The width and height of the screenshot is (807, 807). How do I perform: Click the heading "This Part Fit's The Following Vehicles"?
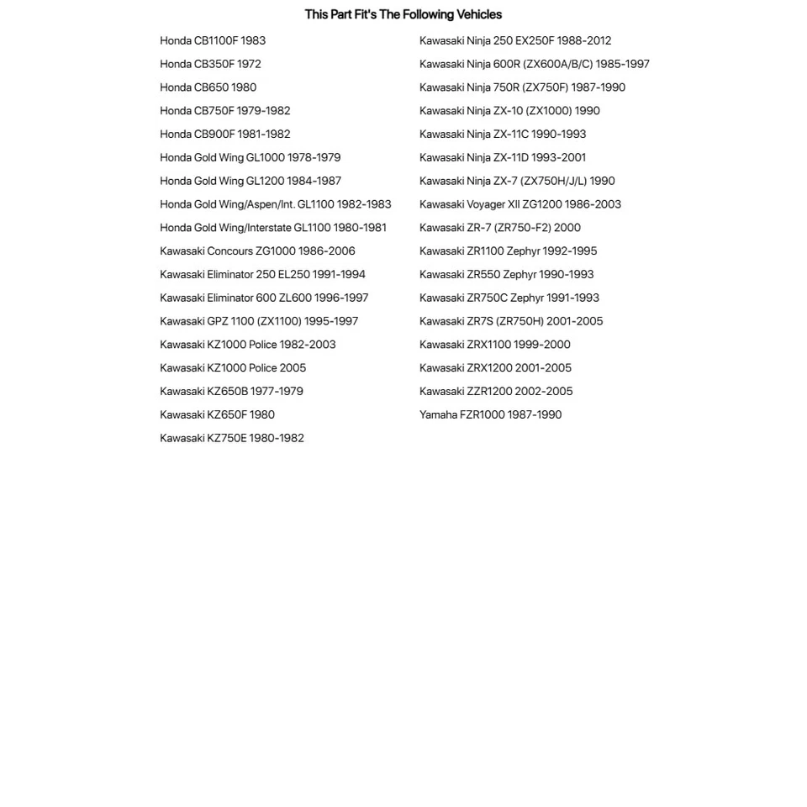[x=403, y=14]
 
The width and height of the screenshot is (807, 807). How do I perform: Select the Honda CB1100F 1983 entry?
[x=213, y=40]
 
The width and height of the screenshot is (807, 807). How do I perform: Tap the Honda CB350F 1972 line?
[x=210, y=64]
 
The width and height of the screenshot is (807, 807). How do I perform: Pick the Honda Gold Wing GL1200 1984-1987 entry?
[x=251, y=181]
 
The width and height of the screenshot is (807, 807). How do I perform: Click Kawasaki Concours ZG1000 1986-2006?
[x=257, y=251]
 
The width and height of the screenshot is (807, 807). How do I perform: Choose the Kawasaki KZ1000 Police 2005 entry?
[x=233, y=367]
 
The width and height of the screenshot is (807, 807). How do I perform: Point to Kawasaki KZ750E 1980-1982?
[x=232, y=438]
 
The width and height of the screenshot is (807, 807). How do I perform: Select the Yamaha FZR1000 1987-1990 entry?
[x=490, y=414]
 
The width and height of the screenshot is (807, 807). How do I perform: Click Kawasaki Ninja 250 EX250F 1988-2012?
[x=515, y=40]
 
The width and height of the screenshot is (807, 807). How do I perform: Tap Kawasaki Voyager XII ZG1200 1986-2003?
[x=520, y=204]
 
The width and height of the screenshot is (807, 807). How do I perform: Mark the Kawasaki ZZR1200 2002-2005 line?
[x=496, y=391]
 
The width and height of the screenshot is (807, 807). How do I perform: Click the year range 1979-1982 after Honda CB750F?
[x=264, y=111]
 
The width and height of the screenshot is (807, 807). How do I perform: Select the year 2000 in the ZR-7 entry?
[x=567, y=228]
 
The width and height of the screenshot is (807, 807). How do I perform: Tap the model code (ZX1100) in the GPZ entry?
[x=282, y=321]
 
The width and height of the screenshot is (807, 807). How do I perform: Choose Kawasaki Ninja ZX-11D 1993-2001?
[x=503, y=157]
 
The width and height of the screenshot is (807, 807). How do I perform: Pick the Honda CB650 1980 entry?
[x=208, y=87]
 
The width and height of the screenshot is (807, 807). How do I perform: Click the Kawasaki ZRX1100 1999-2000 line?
[x=495, y=345]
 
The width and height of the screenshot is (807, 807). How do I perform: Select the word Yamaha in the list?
[x=438, y=414]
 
